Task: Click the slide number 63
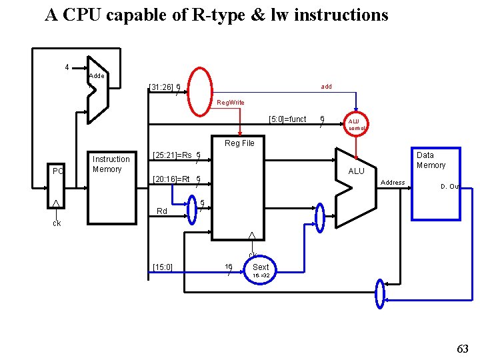[x=463, y=348]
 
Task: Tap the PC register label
[x=58, y=171]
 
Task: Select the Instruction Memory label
[x=111, y=164]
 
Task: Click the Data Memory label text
[x=431, y=160]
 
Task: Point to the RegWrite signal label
[x=231, y=103]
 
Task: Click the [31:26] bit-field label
[x=161, y=87]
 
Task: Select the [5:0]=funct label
[x=287, y=119]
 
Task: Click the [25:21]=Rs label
[x=172, y=155]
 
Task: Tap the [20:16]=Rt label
[x=171, y=179]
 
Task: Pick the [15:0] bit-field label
[x=162, y=267]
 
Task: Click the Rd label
[x=161, y=211]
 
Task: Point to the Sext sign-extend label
[x=261, y=267]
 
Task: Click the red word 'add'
[x=326, y=87]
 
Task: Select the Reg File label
[x=239, y=143]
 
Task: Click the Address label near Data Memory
[x=392, y=183]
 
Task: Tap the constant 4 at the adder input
[x=67, y=67]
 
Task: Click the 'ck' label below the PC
[x=57, y=223]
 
